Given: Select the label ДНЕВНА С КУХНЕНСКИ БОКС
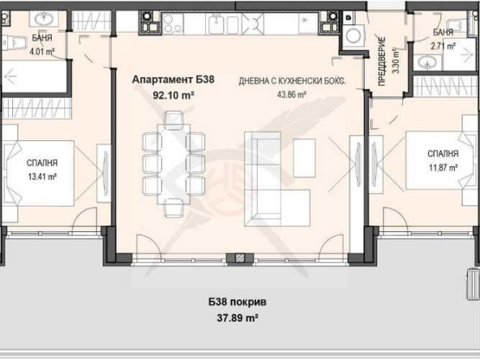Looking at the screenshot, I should point(293,81).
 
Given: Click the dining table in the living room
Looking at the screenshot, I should point(173,162).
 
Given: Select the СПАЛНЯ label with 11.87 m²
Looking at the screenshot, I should point(444,153).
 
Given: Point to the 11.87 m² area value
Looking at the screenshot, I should point(444,167).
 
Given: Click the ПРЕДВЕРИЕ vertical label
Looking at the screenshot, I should point(382,58).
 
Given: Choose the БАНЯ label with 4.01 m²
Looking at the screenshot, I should point(43,38).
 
